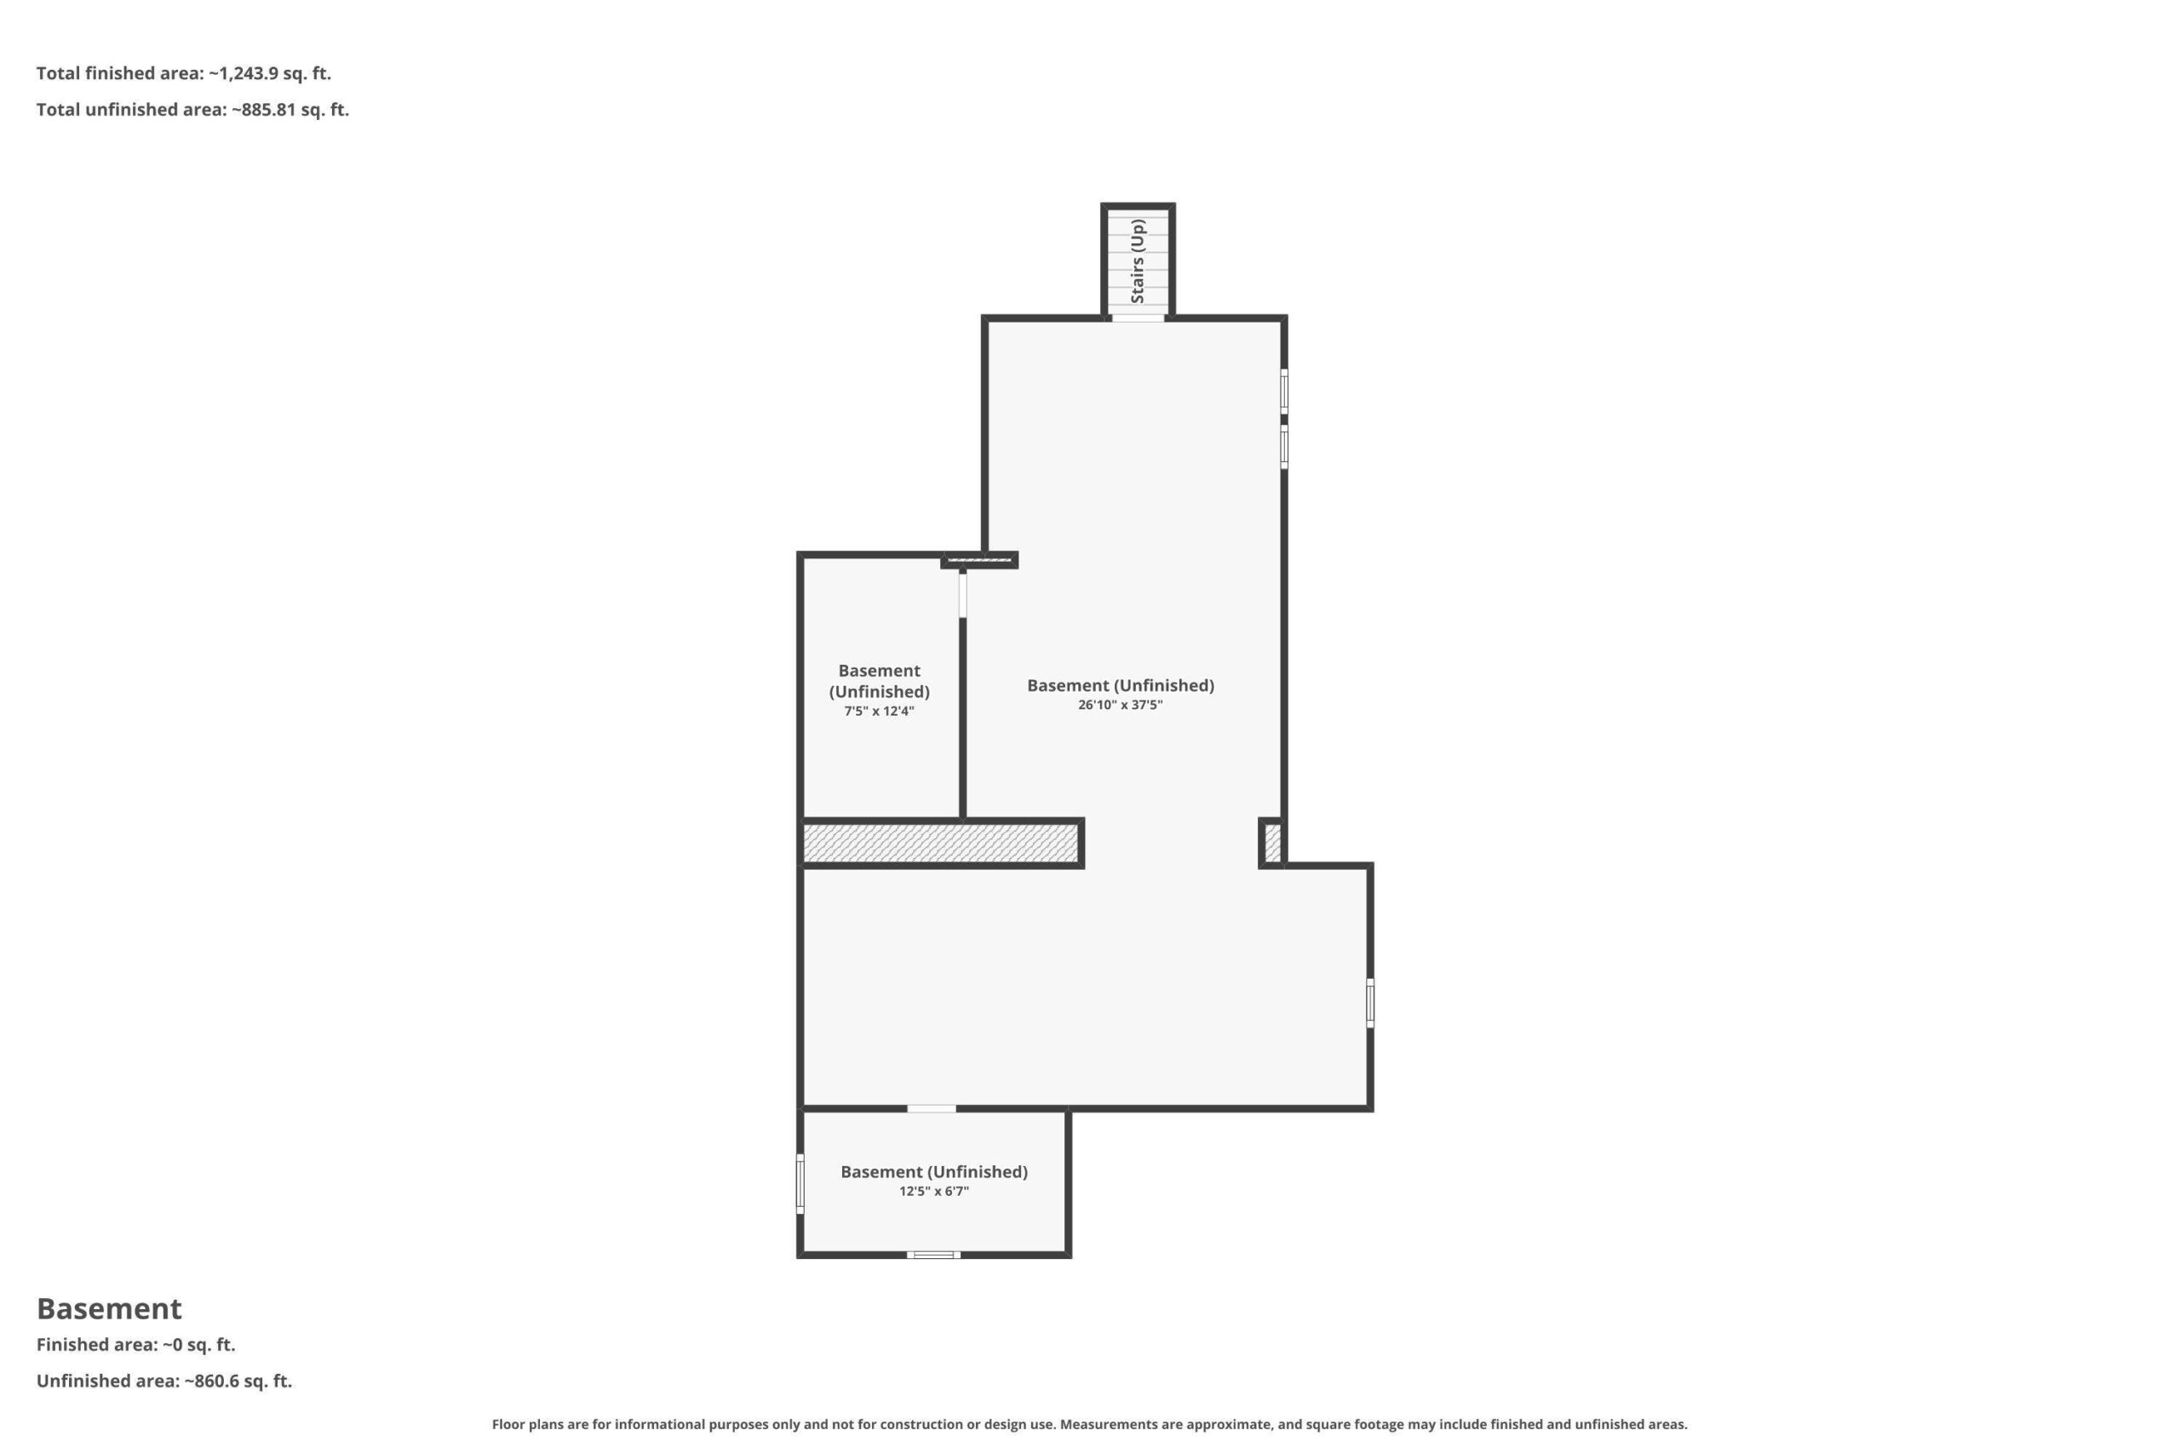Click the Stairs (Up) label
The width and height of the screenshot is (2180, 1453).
point(1138,261)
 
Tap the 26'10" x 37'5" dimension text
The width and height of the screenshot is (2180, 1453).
point(1120,705)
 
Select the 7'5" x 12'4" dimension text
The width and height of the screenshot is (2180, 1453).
point(879,712)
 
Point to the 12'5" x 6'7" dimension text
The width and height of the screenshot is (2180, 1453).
point(933,1192)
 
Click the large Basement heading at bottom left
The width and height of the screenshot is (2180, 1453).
point(109,1308)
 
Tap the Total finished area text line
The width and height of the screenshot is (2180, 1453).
point(184,73)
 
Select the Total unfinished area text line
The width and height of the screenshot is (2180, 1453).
point(192,109)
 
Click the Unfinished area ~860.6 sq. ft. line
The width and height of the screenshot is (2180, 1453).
point(164,1381)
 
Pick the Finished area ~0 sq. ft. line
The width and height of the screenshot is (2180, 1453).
point(136,1345)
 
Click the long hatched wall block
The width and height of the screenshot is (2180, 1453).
point(941,844)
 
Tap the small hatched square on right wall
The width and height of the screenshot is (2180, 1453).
point(1271,844)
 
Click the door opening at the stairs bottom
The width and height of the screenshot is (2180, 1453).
point(1138,317)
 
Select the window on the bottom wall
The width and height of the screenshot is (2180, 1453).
point(933,1255)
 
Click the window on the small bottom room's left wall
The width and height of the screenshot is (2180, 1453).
point(800,1184)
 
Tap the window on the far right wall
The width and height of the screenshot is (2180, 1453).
point(1370,1003)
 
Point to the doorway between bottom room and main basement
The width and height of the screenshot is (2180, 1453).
point(932,1108)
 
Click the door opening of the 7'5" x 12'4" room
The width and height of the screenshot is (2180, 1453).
point(963,595)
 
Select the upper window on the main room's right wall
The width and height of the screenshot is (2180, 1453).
point(1283,391)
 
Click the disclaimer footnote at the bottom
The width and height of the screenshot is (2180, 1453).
point(1090,1424)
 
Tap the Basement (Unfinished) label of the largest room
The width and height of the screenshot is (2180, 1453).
point(1120,686)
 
